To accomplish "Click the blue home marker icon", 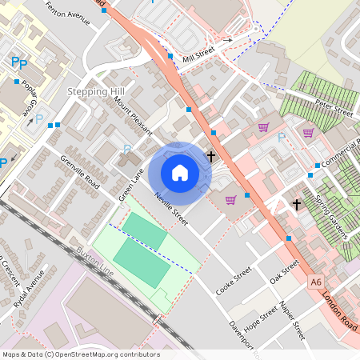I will [179, 172].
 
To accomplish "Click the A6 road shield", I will [317, 282].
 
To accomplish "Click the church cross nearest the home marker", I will [211, 155].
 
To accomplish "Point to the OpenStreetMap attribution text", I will [81, 354].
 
